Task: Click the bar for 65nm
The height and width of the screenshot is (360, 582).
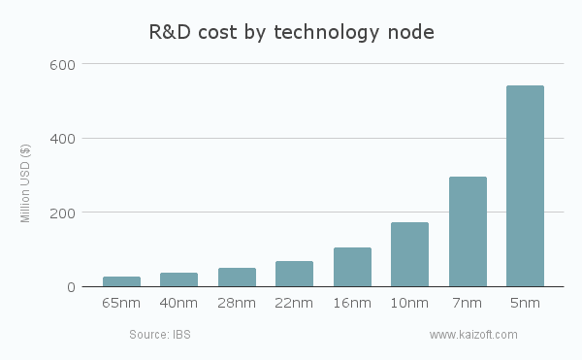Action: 121,281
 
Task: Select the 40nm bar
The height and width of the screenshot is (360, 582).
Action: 178,279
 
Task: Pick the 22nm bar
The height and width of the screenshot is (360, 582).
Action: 294,274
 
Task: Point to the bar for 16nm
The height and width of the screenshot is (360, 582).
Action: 352,267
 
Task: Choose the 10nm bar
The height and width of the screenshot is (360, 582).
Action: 409,254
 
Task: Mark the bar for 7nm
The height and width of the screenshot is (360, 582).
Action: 468,232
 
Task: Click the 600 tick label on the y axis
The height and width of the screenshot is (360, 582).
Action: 63,64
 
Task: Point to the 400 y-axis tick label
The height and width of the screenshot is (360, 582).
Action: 63,139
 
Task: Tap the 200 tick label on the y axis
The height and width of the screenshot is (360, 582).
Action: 63,213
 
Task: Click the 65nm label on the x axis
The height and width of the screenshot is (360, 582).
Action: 121,304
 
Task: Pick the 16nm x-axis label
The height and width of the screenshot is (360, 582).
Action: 352,304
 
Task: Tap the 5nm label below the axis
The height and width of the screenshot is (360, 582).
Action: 525,304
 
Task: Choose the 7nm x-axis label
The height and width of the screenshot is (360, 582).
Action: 468,304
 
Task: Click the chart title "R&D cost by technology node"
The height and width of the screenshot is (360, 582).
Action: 291,31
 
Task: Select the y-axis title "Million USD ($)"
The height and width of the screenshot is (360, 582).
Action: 26,182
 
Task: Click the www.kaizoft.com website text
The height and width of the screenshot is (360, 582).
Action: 473,335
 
